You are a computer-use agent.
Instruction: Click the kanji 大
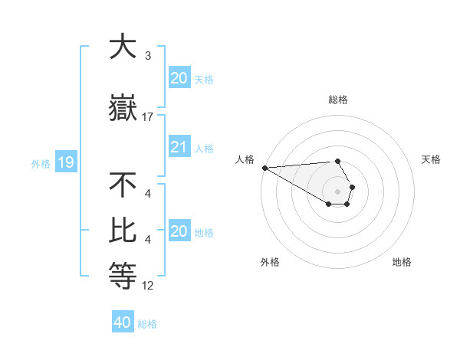click(123, 47)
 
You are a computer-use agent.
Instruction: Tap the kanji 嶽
click(123, 108)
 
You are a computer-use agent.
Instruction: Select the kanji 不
click(123, 185)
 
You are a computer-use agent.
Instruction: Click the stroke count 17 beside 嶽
click(148, 116)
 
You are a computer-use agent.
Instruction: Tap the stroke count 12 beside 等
click(148, 286)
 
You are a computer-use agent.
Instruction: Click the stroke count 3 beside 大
click(147, 55)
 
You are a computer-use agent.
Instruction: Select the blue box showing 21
click(179, 147)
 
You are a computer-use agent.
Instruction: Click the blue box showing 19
click(65, 162)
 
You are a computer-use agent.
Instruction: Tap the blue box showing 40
click(123, 322)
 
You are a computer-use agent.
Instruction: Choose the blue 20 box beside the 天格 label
click(179, 78)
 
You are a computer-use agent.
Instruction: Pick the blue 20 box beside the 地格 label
click(179, 231)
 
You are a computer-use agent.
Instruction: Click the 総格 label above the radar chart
click(338, 100)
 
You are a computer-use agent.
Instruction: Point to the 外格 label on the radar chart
click(270, 262)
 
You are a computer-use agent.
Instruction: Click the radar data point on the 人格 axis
click(264, 168)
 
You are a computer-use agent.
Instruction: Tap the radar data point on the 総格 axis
click(337, 161)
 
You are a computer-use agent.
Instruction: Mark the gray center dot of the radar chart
click(337, 191)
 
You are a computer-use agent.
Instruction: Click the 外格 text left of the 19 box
click(41, 163)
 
